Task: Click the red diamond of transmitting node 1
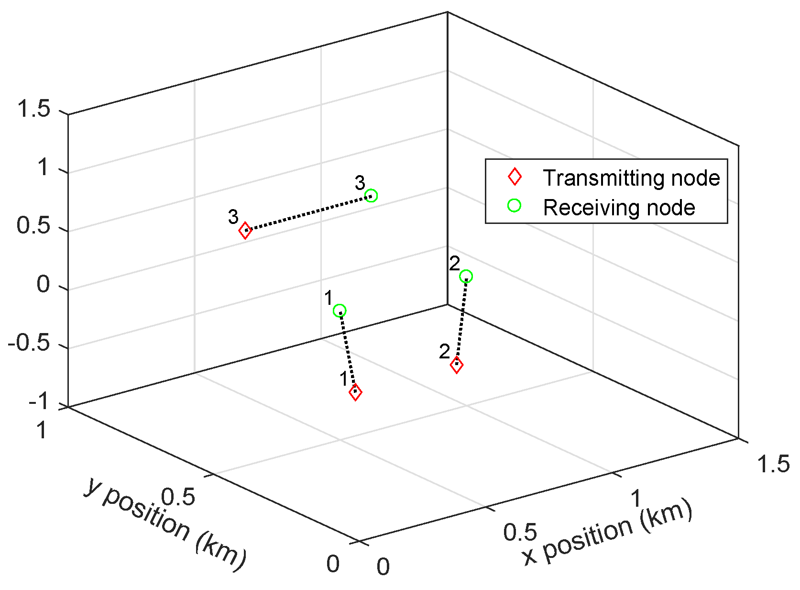pyautogui.click(x=355, y=392)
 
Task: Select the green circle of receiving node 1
pyautogui.click(x=340, y=311)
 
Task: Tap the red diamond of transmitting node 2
pyautogui.click(x=457, y=365)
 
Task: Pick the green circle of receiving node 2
pyautogui.click(x=466, y=277)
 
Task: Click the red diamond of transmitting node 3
pyautogui.click(x=245, y=230)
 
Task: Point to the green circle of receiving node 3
pyautogui.click(x=371, y=195)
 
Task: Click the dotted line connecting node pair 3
pyautogui.click(x=308, y=212)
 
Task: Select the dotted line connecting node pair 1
pyautogui.click(x=348, y=352)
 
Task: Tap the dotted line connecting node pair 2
pyautogui.click(x=461, y=321)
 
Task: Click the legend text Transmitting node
pyautogui.click(x=631, y=178)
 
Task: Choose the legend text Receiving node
pyautogui.click(x=619, y=208)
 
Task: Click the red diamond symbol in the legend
pyautogui.click(x=515, y=177)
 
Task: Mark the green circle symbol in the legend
pyautogui.click(x=514, y=206)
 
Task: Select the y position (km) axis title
pyautogui.click(x=165, y=524)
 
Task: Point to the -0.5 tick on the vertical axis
pyautogui.click(x=29, y=344)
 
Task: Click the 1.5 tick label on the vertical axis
pyautogui.click(x=33, y=109)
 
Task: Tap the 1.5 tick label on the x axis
pyautogui.click(x=774, y=464)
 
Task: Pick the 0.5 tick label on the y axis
pyautogui.click(x=178, y=497)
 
